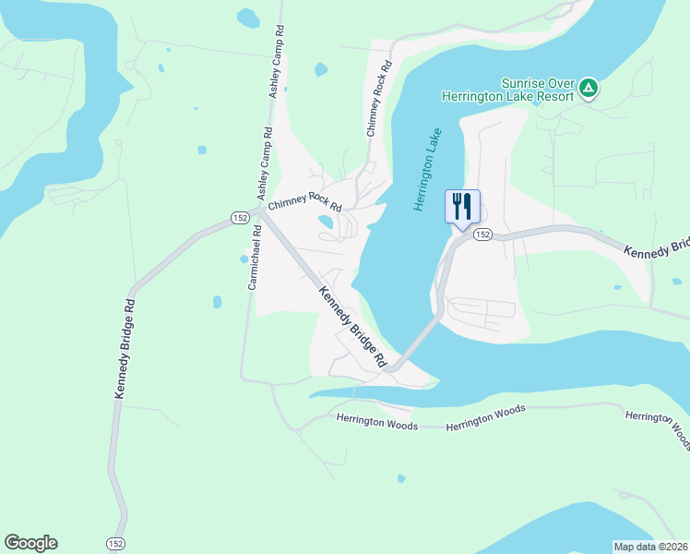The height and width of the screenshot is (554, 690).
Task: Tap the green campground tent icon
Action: tap(589, 89)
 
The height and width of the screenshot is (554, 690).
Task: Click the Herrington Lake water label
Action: tap(429, 169)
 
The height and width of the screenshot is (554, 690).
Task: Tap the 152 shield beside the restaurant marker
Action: tap(482, 235)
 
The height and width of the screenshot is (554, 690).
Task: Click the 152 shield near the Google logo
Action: tap(115, 543)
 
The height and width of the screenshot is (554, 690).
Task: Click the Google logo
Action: tap(30, 543)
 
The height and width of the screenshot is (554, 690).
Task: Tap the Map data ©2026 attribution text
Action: tap(650, 547)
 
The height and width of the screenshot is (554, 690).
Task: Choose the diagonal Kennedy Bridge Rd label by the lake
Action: tap(352, 328)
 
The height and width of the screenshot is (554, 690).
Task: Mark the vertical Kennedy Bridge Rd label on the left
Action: tap(125, 348)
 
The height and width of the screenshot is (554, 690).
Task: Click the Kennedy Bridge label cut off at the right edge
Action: tap(656, 248)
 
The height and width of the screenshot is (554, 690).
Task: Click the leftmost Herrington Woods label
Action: tap(376, 425)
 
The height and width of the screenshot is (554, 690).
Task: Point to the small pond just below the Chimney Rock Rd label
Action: tap(325, 222)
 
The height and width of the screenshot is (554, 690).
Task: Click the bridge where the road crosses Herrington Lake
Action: tap(420, 343)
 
